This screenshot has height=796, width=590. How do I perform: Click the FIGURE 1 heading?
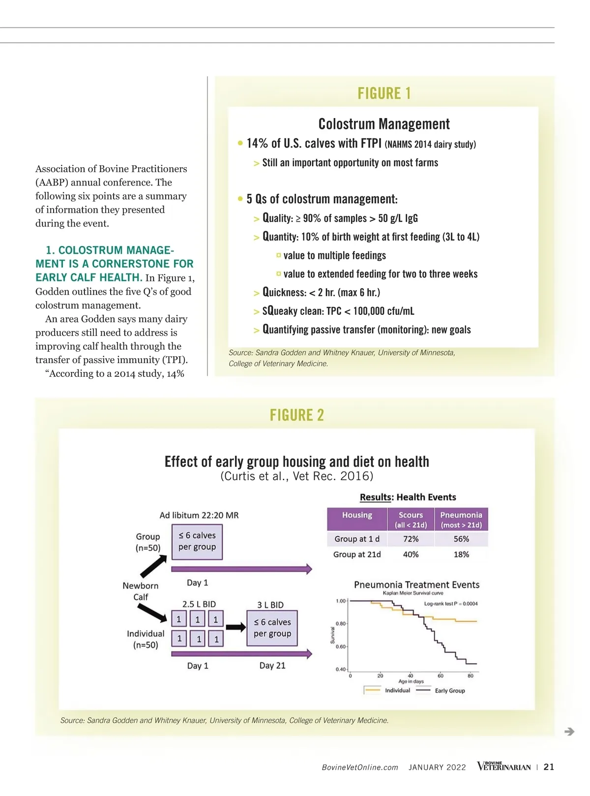click(384, 93)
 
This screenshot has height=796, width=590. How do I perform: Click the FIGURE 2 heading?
click(297, 415)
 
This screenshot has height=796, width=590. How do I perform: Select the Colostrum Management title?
click(384, 124)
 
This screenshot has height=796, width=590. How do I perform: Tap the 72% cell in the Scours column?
click(411, 539)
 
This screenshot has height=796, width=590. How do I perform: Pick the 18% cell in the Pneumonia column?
click(461, 554)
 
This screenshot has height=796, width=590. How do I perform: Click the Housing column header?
click(357, 515)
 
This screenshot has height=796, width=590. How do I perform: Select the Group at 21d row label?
click(357, 554)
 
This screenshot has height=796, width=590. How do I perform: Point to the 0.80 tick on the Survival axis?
click(341, 624)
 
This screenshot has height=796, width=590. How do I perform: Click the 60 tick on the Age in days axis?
click(441, 676)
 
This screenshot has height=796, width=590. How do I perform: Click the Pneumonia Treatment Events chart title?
click(416, 585)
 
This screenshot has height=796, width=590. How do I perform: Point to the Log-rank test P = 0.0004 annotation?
click(451, 604)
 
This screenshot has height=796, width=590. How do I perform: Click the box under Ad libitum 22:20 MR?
click(197, 542)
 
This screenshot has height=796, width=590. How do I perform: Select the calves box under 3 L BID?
click(272, 628)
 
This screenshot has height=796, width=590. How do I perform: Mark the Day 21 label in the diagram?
click(272, 666)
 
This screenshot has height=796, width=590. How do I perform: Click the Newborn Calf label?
click(141, 591)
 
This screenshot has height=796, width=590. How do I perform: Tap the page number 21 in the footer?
click(549, 767)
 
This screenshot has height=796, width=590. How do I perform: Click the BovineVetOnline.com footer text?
click(360, 767)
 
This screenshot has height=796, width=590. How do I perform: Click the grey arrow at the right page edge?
click(569, 732)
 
